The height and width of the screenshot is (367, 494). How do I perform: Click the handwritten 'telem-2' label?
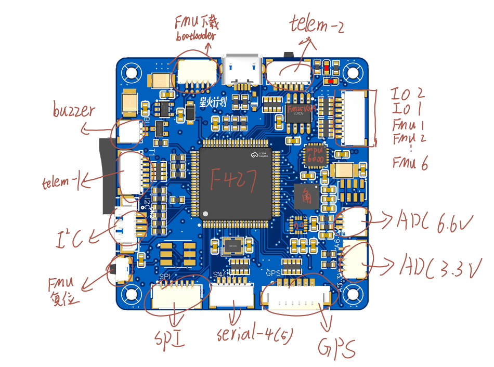click(317, 23)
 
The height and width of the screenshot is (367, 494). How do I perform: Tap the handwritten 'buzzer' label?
click(74, 111)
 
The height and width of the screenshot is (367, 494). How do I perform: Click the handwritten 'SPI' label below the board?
click(171, 338)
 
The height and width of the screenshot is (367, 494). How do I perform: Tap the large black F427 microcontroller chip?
click(236, 183)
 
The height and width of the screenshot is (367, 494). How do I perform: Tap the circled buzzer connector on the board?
click(130, 132)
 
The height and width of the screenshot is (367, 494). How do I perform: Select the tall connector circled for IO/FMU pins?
click(358, 118)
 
